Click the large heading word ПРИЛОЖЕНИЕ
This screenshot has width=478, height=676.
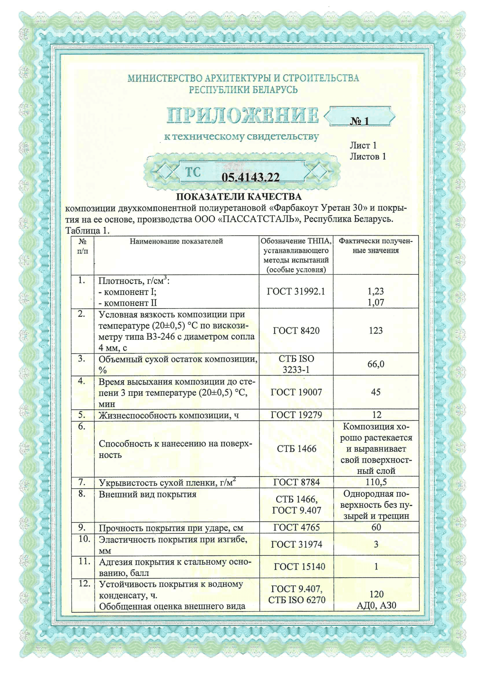pyautogui.click(x=242, y=115)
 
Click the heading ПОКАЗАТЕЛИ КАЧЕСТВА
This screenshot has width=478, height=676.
pyautogui.click(x=239, y=196)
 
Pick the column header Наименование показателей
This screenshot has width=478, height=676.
pyautogui.click(x=176, y=241)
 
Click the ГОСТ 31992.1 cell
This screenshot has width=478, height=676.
pyautogui.click(x=296, y=291)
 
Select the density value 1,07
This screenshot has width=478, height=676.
pyautogui.click(x=375, y=302)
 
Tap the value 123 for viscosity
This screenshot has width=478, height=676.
pyautogui.click(x=375, y=330)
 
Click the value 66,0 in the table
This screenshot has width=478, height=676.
pyautogui.click(x=375, y=364)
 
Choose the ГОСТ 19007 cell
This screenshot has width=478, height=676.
pyautogui.click(x=296, y=392)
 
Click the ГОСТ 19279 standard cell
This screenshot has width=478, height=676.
pyautogui.click(x=296, y=415)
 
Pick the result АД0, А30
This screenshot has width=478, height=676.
pyautogui.click(x=376, y=605)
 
